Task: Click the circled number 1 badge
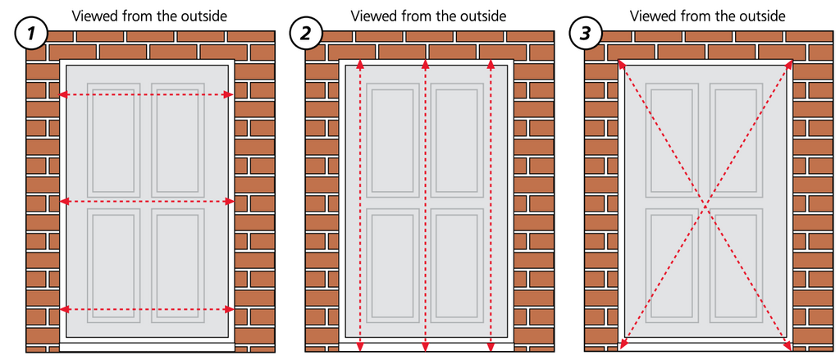click(x=32, y=34)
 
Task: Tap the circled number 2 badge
click(x=306, y=34)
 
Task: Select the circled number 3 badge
click(x=586, y=34)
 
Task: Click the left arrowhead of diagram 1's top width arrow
click(x=62, y=95)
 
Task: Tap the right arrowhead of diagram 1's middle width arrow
click(x=231, y=202)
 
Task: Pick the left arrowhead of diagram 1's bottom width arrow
click(x=62, y=309)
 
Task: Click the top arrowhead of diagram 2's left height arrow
click(x=360, y=64)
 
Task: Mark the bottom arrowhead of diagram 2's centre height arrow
click(x=426, y=347)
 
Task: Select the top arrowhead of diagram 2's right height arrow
click(x=491, y=64)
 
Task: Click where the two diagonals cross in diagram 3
click(x=705, y=205)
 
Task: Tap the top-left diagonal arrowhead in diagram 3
click(x=622, y=64)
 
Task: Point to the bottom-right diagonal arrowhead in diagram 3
click(x=788, y=347)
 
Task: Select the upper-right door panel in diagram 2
click(x=456, y=139)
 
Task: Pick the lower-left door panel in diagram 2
click(x=392, y=266)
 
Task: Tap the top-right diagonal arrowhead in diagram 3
click(x=789, y=64)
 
